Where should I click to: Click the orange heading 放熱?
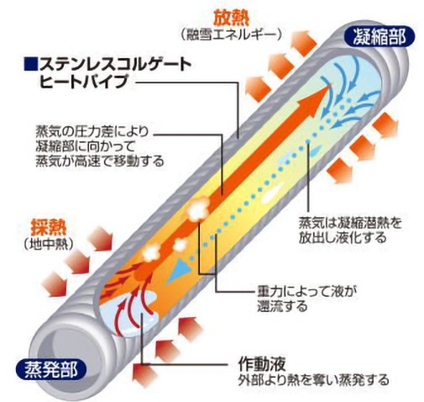pyautogui.click(x=231, y=19)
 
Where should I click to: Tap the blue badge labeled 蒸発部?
pyautogui.click(x=50, y=369)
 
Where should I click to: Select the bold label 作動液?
pyautogui.click(x=262, y=364)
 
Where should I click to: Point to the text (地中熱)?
pyautogui.click(x=49, y=244)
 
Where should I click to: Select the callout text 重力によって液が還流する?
pyautogui.click(x=307, y=299)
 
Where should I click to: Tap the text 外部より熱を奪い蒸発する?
pyautogui.click(x=313, y=380)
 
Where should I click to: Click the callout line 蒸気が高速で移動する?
pyautogui.click(x=100, y=161)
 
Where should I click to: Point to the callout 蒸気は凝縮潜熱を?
pyautogui.click(x=350, y=223)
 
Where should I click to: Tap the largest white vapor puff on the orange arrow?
pyautogui.click(x=199, y=208)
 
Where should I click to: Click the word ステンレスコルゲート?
pyautogui.click(x=115, y=65)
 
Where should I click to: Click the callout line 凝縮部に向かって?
pyautogui.click(x=86, y=146)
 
